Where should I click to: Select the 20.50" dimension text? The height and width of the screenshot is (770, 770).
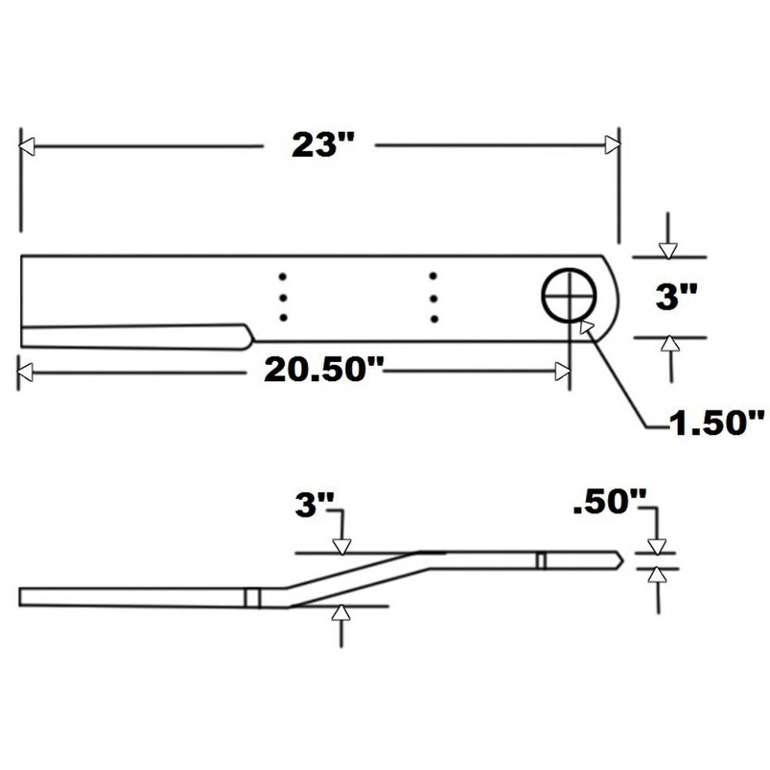pos(324,370)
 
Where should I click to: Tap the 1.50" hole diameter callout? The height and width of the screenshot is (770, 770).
pos(716,422)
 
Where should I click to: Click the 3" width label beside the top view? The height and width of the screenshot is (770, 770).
pos(676,297)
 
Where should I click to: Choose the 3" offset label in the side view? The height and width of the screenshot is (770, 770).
pos(315,506)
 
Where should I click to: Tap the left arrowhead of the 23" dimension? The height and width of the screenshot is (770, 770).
pos(27,146)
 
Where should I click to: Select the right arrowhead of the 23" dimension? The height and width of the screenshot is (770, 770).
pos(612,145)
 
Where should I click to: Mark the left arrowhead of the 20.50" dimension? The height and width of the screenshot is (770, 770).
pos(25,372)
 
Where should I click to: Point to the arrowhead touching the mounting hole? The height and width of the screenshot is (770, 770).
pos(586,327)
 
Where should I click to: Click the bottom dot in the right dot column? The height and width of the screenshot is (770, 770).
pos(434,319)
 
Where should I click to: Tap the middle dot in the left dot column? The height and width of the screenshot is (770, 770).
pos(283,297)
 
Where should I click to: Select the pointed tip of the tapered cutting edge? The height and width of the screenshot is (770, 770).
pos(252,336)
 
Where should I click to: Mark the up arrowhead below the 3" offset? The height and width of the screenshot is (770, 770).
pos(340,613)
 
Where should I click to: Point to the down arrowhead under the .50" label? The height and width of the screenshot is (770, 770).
pos(657,546)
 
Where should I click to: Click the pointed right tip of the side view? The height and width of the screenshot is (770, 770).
pos(622,560)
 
